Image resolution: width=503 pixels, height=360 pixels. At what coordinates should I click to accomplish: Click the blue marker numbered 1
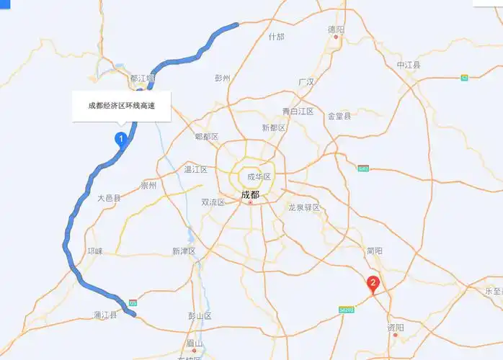(122, 138)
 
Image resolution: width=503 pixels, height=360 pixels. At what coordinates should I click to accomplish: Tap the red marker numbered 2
(373, 284)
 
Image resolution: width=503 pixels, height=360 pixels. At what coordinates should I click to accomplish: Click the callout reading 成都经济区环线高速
(122, 106)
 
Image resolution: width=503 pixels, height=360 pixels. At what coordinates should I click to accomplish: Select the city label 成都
(250, 194)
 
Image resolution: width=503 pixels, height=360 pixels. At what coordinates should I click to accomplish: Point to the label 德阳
(336, 30)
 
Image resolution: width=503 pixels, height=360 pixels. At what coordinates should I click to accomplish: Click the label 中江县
(408, 65)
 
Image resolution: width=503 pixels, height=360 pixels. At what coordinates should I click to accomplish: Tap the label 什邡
(276, 37)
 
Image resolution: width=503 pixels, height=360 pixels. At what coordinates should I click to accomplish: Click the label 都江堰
(142, 78)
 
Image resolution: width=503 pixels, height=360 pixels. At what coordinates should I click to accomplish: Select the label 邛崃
(95, 251)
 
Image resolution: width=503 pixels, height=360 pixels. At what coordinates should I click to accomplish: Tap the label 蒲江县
(105, 315)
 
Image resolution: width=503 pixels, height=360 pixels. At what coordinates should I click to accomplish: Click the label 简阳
(374, 251)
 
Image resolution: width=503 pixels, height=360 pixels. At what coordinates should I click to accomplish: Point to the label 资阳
(396, 328)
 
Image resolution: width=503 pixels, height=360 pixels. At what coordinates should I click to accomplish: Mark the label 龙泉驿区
(304, 207)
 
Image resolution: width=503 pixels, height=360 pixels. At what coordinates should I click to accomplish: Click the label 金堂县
(339, 115)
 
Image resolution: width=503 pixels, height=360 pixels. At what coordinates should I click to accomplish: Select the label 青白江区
(298, 111)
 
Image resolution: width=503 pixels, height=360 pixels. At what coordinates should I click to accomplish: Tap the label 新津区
(184, 251)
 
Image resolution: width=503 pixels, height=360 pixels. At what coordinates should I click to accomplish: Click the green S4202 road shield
(347, 310)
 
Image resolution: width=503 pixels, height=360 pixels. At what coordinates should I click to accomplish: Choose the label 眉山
(194, 343)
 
